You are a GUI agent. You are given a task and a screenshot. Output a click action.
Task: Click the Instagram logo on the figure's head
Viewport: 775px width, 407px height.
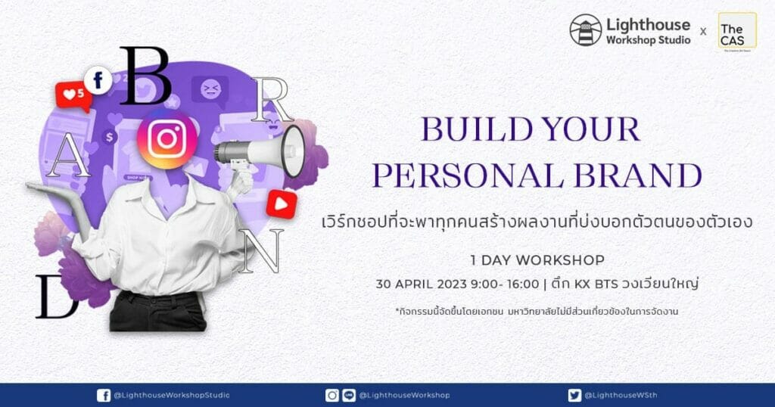point(167,139)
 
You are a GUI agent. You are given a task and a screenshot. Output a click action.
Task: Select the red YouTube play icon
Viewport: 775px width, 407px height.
point(282,204)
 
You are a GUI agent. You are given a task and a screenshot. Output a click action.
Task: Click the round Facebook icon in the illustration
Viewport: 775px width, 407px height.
point(98,80)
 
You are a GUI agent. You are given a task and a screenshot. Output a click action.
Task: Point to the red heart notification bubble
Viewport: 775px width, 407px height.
point(73,95)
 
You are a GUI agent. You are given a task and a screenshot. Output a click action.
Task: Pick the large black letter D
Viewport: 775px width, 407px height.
point(57,297)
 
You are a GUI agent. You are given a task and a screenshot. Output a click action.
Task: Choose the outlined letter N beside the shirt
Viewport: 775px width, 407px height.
point(261,251)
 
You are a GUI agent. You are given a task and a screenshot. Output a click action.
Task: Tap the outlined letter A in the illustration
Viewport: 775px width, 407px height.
point(68,156)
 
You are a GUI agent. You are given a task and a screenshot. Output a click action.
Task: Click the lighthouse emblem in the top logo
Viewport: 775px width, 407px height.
point(585,30)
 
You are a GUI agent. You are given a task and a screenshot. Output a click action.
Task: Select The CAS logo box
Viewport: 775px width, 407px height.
point(737,32)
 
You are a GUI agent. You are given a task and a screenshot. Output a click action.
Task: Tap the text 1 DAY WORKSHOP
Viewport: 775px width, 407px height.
point(537,260)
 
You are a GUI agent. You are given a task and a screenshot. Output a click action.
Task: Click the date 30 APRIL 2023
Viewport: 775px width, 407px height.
point(421,284)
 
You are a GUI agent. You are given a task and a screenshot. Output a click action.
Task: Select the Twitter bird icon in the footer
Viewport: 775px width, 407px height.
point(574,395)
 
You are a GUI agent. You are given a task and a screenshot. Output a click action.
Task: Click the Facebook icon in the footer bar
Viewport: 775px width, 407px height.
point(104,395)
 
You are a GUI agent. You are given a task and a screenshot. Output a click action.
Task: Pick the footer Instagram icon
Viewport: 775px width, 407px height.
point(332,395)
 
